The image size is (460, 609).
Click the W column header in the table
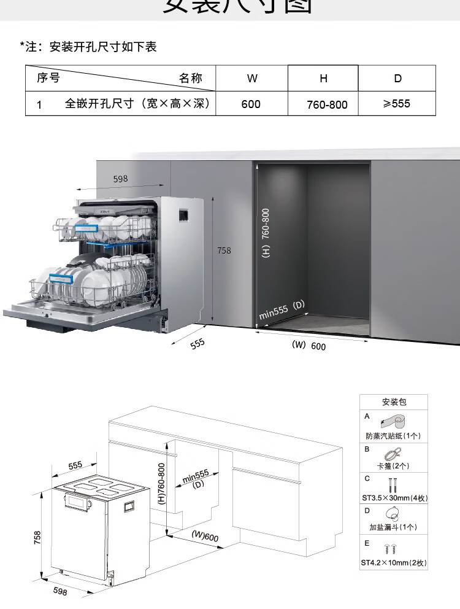coord(252,78)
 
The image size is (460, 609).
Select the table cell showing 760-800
coord(327,104)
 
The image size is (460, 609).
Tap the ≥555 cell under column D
coord(396,103)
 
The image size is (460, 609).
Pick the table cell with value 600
coord(251,104)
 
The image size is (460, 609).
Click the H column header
coord(323,78)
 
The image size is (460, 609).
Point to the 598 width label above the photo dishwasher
coord(121,179)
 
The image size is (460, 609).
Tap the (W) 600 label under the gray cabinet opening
coord(309,346)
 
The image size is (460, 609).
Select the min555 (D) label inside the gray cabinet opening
coord(282,310)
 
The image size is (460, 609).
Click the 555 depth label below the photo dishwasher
coord(197,344)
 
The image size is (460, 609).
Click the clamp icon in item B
coord(393,454)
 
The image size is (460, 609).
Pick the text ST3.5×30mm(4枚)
coord(393,498)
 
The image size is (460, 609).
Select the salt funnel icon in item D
coord(393,514)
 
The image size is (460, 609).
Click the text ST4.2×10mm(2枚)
coord(393,562)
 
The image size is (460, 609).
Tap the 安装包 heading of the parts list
coord(394,402)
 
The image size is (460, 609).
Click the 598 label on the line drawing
coord(60,591)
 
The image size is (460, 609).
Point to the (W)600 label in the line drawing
coord(205,536)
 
